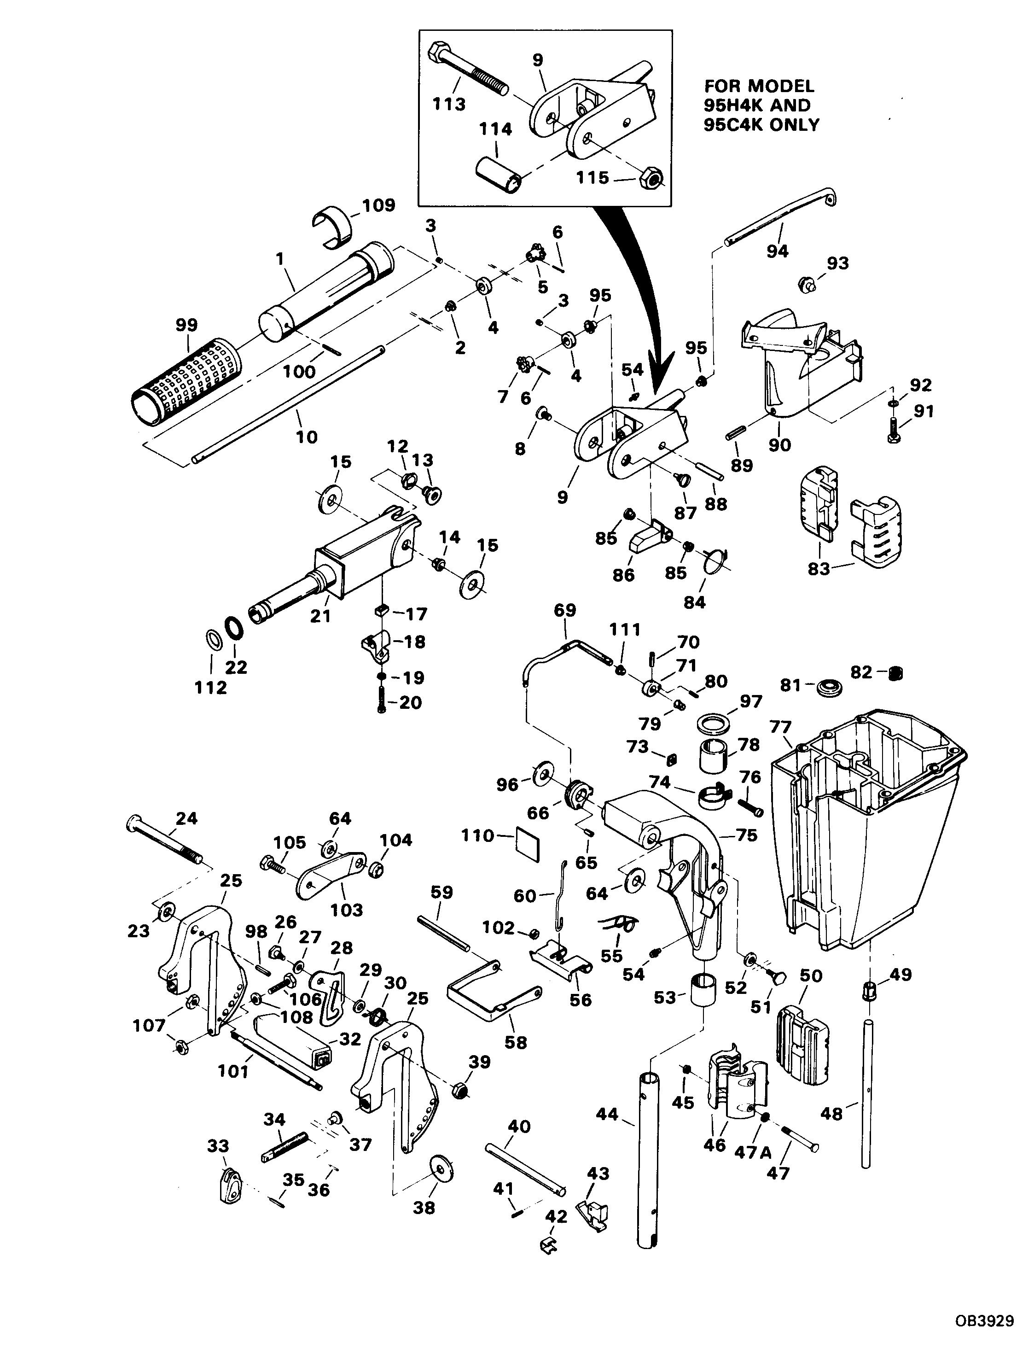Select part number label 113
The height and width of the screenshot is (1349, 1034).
(449, 104)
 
